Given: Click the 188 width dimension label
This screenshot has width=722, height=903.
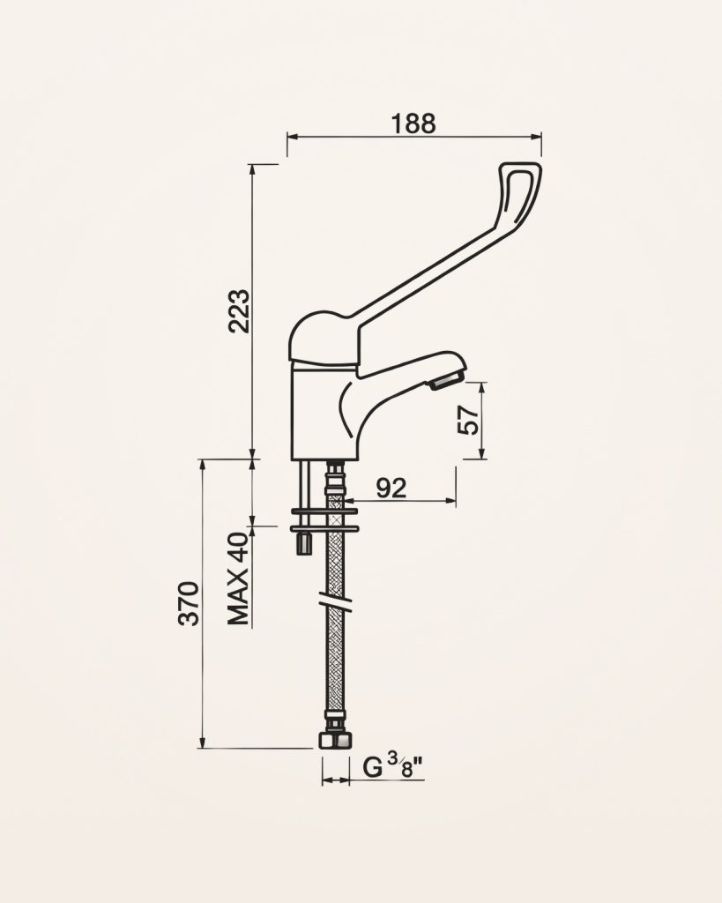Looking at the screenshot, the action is click(x=413, y=123).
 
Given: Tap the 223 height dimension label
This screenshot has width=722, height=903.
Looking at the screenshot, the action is click(x=239, y=311).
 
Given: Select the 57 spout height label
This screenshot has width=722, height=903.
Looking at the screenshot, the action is click(x=467, y=419).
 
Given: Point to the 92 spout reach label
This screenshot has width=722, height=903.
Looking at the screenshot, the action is click(x=391, y=489).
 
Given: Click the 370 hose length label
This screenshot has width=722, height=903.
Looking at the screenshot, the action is click(x=189, y=603).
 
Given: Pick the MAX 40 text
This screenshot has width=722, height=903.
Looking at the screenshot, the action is click(x=238, y=578).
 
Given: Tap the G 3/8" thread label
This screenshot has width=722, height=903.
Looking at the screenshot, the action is click(x=393, y=767).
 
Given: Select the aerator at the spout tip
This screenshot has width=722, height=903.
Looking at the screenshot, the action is click(x=446, y=380).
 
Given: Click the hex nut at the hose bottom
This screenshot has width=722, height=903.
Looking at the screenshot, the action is click(x=335, y=741).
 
